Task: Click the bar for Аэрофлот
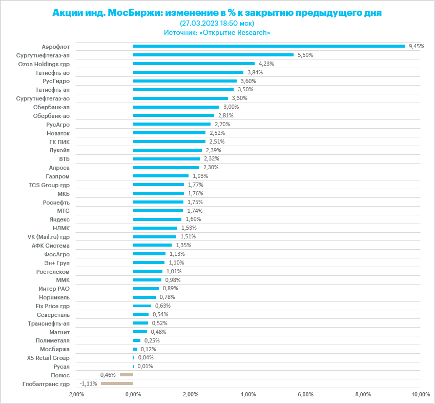coord(268,46)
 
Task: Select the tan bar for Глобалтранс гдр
coord(117,383)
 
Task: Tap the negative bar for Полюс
coord(126,375)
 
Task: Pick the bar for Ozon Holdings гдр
coord(194,64)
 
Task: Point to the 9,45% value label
coord(417,46)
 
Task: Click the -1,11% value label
coord(89,383)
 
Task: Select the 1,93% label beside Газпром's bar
coord(200,176)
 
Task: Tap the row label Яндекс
coord(60,219)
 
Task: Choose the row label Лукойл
coord(60,150)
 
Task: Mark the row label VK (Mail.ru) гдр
coord(49,236)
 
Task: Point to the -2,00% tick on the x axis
coord(75,394)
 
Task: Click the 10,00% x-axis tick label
coord(420,394)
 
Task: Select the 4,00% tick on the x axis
coord(248,394)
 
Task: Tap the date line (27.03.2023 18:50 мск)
coord(217,23)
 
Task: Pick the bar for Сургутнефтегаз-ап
coord(213,55)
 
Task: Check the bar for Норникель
coord(144,297)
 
